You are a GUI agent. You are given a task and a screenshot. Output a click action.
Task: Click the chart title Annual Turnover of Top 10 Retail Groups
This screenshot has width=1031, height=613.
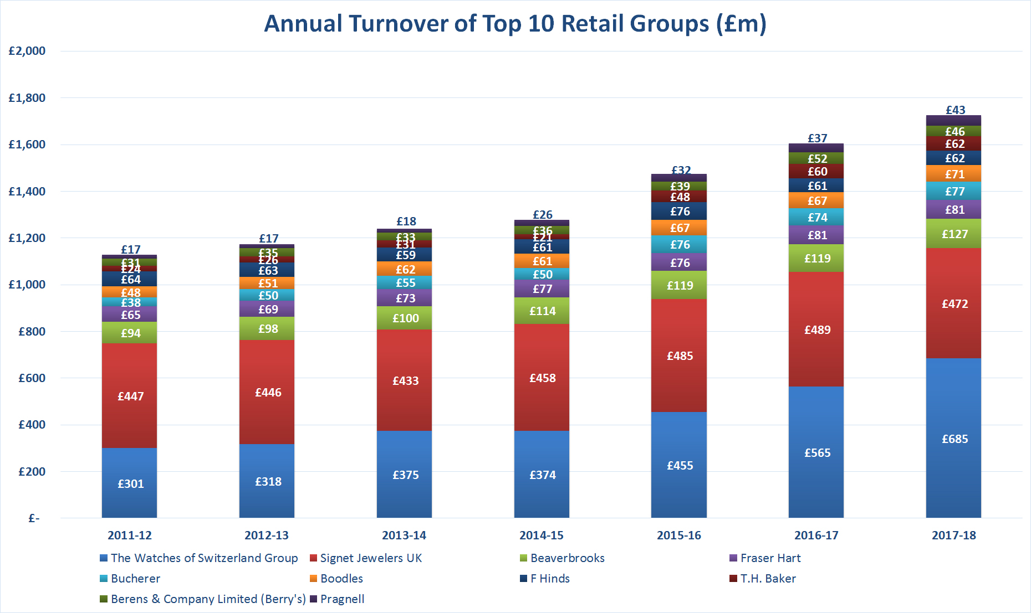515,24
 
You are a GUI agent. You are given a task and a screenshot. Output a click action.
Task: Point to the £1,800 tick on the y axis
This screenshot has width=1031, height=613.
27,98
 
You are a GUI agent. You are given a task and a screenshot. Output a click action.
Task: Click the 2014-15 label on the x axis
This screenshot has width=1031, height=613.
541,535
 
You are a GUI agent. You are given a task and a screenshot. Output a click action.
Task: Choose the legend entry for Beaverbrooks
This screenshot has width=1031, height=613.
566,558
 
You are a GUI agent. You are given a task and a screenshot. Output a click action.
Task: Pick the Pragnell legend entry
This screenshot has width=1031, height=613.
342,599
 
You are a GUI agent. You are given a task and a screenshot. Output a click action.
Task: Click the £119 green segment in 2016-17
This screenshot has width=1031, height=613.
816,259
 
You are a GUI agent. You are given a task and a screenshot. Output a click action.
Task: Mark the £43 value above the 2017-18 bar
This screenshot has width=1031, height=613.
955,110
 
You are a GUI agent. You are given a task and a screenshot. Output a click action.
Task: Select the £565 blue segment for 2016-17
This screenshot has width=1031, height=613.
816,452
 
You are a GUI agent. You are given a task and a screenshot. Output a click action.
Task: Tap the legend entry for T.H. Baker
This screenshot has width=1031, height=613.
767,579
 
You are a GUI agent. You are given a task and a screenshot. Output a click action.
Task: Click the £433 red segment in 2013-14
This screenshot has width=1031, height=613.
405,380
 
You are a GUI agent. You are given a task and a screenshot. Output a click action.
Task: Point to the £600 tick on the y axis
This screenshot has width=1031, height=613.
32,378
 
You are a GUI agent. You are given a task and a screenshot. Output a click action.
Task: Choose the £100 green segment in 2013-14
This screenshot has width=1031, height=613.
405,318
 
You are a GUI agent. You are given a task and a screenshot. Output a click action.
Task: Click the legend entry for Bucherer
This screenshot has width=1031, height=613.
135,579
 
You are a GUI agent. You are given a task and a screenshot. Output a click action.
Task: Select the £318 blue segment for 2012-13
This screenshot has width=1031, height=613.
267,481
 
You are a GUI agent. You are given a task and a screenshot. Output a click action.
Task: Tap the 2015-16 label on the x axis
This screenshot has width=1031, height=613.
678,535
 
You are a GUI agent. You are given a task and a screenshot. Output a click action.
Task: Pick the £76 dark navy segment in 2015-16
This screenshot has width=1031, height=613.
679,212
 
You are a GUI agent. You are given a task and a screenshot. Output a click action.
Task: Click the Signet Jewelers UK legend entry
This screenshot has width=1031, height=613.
370,558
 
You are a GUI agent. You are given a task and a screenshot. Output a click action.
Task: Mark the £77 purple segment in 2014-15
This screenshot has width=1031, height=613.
542,289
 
